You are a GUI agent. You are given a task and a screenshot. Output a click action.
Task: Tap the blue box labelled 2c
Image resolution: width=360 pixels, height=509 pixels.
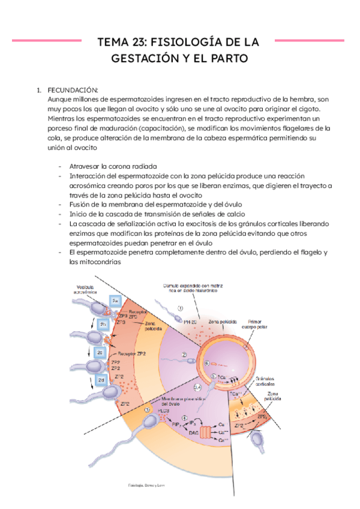click(101, 353)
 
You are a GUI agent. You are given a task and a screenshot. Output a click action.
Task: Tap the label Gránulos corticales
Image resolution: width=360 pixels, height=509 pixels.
click(268, 382)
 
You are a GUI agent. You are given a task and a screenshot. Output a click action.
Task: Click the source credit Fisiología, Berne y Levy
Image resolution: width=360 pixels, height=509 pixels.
click(147, 484)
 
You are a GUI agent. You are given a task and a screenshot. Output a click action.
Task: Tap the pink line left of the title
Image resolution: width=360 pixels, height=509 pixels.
click(47, 41)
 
